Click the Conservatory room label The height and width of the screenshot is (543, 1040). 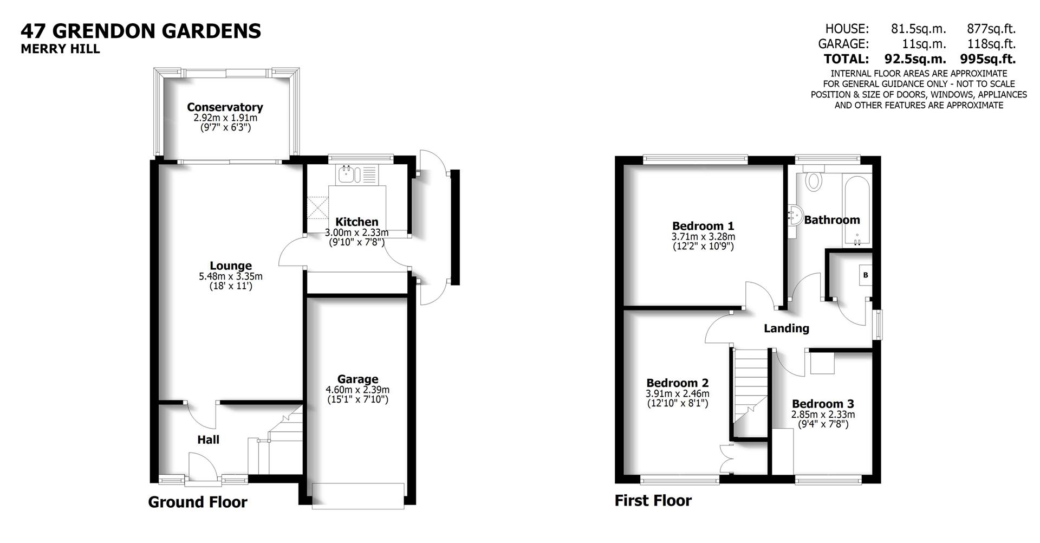(x=225, y=107)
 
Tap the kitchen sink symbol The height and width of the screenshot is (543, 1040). (x=347, y=174)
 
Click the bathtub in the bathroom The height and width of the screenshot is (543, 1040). (x=857, y=211)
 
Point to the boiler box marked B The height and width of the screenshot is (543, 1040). (x=866, y=275)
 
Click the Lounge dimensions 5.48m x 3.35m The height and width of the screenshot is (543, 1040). (x=231, y=276)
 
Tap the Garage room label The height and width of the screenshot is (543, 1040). (x=357, y=379)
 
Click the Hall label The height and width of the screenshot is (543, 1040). (x=208, y=439)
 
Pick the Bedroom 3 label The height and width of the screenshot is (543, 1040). (x=823, y=404)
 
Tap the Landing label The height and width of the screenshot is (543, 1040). (x=786, y=328)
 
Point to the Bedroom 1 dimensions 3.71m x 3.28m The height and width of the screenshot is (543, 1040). (x=703, y=237)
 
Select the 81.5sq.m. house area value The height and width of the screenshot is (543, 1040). (x=918, y=29)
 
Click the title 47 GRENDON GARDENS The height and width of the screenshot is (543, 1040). (x=141, y=31)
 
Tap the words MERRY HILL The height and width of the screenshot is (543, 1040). (x=60, y=49)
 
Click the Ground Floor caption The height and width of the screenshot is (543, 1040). (x=197, y=502)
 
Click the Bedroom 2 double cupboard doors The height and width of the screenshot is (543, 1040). (x=726, y=459)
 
